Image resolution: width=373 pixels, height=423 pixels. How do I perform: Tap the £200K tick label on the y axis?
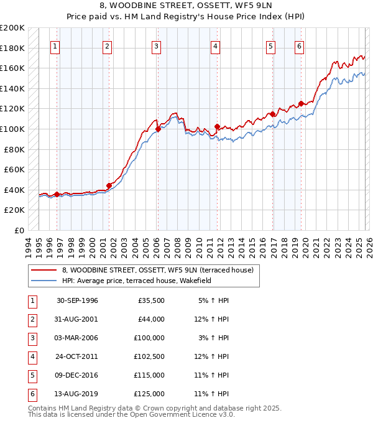click(12, 28)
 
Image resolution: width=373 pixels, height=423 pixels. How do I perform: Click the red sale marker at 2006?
click(158, 129)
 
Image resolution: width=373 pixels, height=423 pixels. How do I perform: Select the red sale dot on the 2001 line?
click(109, 185)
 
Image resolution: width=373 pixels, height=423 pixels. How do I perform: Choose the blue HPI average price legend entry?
click(137, 281)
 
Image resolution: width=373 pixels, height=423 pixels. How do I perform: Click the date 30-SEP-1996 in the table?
click(77, 300)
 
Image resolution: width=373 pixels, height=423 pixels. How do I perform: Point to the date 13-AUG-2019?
click(77, 394)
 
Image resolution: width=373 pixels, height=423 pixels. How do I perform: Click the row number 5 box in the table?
click(31, 375)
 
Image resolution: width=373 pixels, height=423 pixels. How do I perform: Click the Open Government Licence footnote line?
click(132, 414)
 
